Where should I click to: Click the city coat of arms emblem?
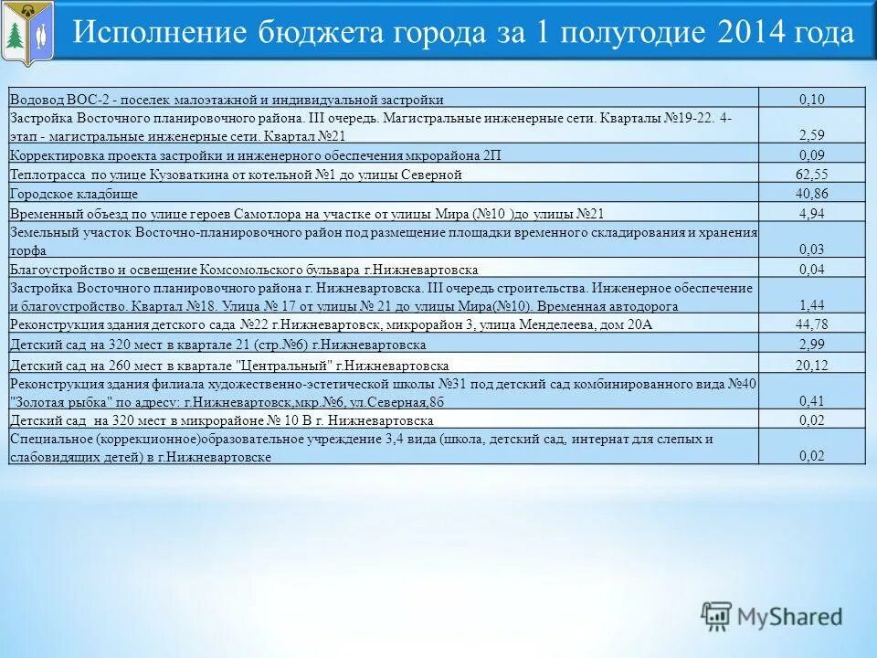click(28, 33)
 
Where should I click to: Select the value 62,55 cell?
click(812, 174)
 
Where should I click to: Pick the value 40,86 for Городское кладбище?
click(812, 193)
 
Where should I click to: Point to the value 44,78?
click(812, 324)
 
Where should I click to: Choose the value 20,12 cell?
click(812, 365)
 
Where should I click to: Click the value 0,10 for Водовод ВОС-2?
click(812, 99)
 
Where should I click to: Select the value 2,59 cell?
click(812, 135)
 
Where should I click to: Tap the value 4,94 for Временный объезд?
click(812, 214)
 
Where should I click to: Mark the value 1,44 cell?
click(812, 305)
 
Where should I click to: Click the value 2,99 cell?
click(812, 345)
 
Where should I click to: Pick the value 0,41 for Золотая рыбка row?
click(812, 401)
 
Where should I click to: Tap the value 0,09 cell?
click(812, 154)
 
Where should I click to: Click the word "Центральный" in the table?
click(294, 365)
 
